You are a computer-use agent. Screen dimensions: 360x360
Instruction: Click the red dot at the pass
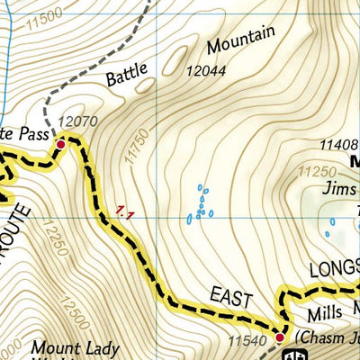click(61, 143)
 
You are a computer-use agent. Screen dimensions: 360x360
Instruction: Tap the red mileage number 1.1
click(124, 213)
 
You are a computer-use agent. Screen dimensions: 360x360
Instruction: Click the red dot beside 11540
click(279, 337)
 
